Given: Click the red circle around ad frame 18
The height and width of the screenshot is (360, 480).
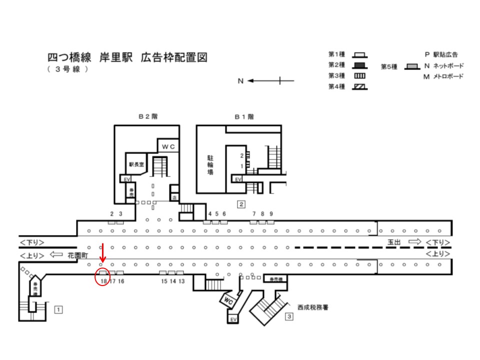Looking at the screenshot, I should [102, 277].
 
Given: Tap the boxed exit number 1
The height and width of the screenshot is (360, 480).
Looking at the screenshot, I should [58, 309].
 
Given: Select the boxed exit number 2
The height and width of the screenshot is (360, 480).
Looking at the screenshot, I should [241, 203].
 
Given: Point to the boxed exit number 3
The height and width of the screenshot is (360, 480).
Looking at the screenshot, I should [289, 316].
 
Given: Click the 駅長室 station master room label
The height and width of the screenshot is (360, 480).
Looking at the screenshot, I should [135, 163].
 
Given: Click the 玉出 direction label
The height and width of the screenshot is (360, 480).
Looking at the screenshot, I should [395, 242].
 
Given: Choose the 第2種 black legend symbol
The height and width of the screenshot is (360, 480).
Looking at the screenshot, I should [360, 65].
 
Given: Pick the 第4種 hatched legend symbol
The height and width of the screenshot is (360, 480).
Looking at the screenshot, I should [360, 86].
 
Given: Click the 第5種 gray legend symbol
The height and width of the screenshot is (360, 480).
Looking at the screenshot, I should [412, 66].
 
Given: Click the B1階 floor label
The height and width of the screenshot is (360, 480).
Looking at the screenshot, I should [244, 116].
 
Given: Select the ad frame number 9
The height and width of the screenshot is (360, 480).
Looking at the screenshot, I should [271, 214].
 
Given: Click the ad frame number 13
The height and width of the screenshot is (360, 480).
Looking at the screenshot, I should [181, 281].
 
